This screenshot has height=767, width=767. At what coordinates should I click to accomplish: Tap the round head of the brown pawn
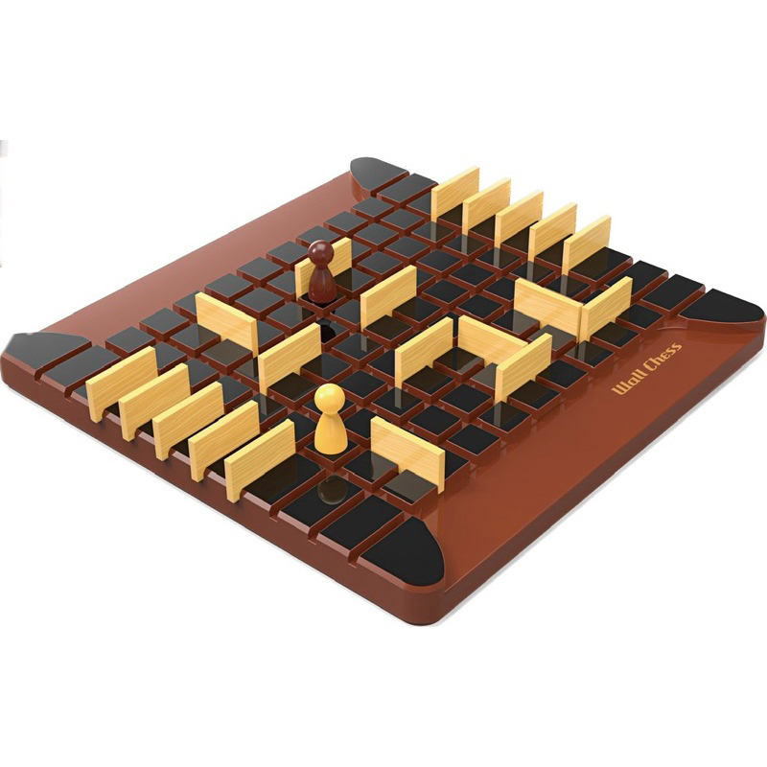pyautogui.click(x=322, y=252)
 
